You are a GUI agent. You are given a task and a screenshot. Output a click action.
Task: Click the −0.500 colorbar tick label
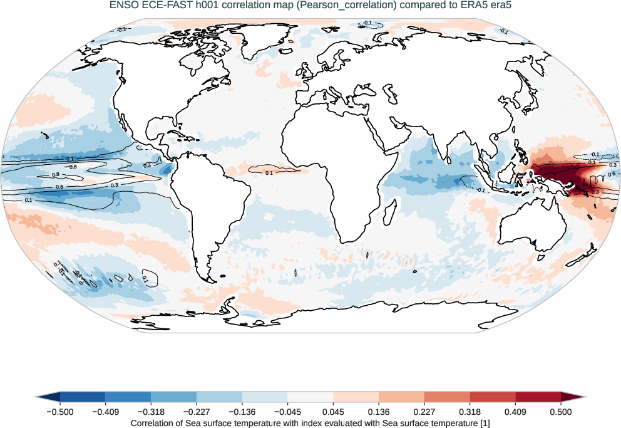pyautogui.click(x=59, y=412)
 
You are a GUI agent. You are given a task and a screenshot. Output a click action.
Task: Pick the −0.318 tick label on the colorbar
pyautogui.click(x=151, y=412)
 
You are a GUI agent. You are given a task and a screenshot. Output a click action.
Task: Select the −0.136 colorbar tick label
pyautogui.click(x=242, y=412)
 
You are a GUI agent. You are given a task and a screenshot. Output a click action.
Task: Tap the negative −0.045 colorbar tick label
pyautogui.click(x=287, y=412)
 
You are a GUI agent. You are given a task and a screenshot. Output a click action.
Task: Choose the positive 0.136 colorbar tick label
pyautogui.click(x=379, y=412)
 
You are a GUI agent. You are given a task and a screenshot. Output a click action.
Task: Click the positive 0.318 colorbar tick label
pyautogui.click(x=470, y=412)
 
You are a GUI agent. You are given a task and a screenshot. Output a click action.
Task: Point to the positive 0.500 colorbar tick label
pyautogui.click(x=561, y=412)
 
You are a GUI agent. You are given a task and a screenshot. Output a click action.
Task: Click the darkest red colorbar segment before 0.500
pyautogui.click(x=538, y=397)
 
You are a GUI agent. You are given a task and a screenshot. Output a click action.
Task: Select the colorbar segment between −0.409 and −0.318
pyautogui.click(x=128, y=397)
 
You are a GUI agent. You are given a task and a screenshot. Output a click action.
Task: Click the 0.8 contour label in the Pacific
pyautogui.click(x=73, y=167)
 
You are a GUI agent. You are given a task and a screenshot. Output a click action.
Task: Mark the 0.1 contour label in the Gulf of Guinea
pyautogui.click(x=269, y=172)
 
